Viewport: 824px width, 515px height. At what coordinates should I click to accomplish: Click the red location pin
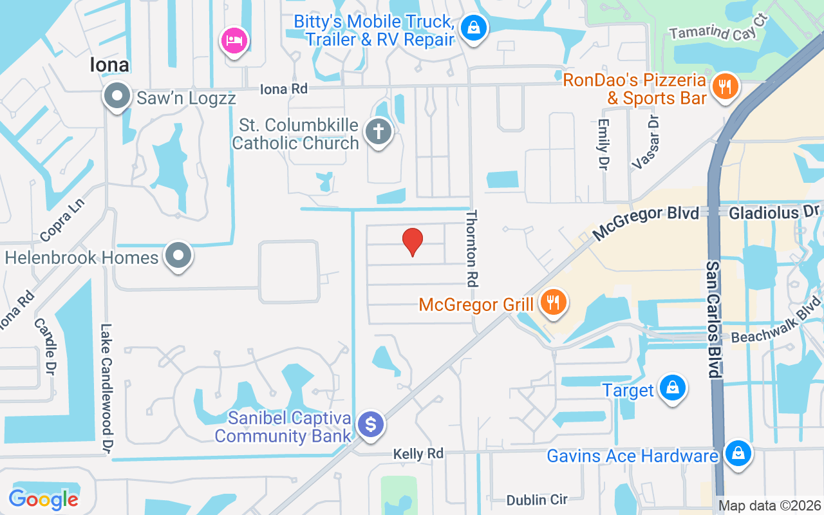pyautogui.click(x=413, y=242)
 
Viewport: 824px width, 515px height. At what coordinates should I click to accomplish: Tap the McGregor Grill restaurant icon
pyautogui.click(x=552, y=302)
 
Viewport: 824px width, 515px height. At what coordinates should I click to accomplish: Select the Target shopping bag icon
pyautogui.click(x=672, y=388)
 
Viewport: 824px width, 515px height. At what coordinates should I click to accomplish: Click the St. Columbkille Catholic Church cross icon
pyautogui.click(x=379, y=133)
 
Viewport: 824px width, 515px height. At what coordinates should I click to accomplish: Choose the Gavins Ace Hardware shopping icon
pyautogui.click(x=738, y=454)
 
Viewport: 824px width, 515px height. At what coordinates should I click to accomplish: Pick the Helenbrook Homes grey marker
pyautogui.click(x=178, y=256)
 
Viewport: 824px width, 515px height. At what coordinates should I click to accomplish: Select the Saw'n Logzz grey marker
pyautogui.click(x=117, y=96)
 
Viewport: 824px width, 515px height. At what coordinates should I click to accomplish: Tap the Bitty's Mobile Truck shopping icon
pyautogui.click(x=474, y=28)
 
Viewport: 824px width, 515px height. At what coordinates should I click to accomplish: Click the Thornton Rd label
pyautogui.click(x=473, y=248)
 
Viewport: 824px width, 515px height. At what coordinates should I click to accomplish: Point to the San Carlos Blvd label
pyautogui.click(x=713, y=319)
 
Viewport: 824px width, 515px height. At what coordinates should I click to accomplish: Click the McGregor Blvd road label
pyautogui.click(x=646, y=222)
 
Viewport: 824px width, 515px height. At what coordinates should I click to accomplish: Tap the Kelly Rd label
pyautogui.click(x=418, y=454)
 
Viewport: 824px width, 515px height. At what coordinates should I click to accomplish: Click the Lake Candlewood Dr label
pyautogui.click(x=107, y=388)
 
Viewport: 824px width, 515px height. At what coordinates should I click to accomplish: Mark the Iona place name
pyautogui.click(x=109, y=65)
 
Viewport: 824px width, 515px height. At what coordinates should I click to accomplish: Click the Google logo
pyautogui.click(x=43, y=499)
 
